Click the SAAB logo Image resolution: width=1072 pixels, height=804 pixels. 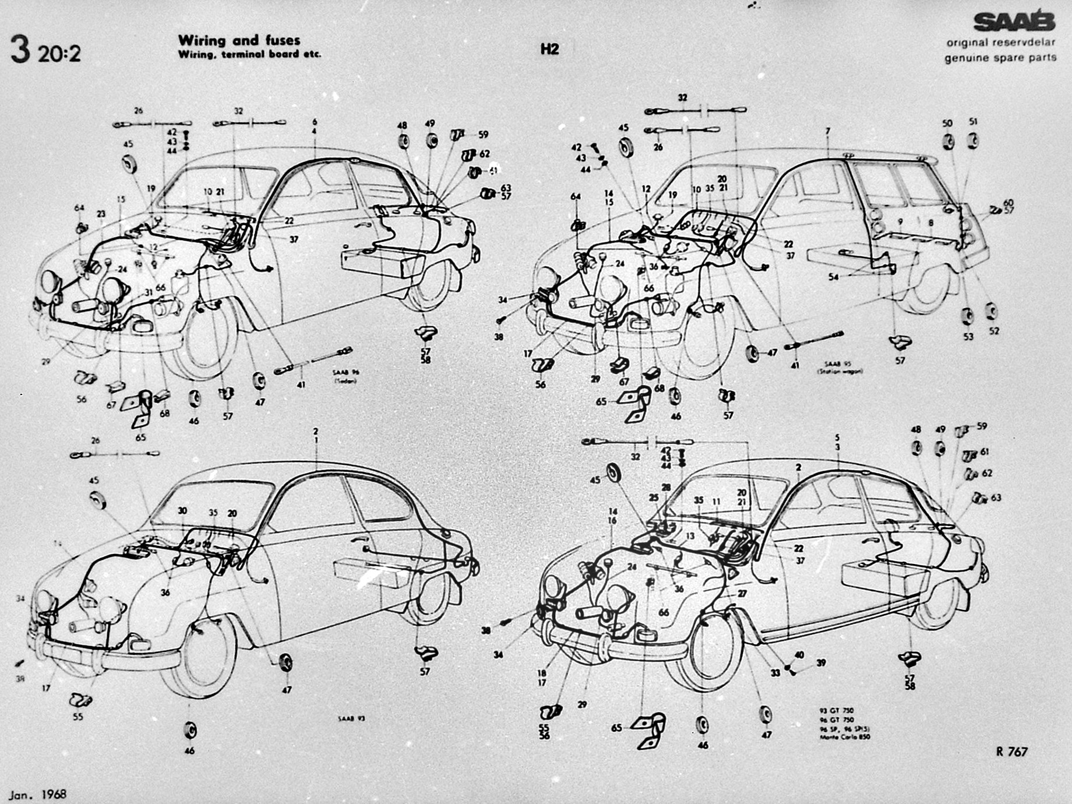(1014, 22)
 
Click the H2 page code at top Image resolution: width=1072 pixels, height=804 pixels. (549, 49)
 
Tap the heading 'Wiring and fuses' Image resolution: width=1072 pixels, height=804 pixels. (239, 40)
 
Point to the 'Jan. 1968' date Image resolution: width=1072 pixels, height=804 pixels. (38, 794)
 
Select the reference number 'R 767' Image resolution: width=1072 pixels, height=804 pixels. (1011, 752)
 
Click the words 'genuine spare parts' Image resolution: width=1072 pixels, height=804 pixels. (1000, 58)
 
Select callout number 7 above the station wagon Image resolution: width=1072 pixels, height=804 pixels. (827, 132)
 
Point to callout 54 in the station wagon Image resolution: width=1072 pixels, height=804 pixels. (834, 277)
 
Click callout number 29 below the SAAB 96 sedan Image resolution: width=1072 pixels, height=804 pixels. (45, 362)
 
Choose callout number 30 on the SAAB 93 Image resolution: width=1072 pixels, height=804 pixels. (182, 511)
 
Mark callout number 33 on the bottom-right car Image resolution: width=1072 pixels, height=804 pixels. (775, 673)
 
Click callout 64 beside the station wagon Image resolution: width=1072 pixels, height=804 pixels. (576, 197)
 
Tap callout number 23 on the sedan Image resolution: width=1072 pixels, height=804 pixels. (101, 214)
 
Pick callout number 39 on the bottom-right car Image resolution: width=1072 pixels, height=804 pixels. (821, 663)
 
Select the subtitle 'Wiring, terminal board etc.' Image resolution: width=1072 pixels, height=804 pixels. (249, 55)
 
